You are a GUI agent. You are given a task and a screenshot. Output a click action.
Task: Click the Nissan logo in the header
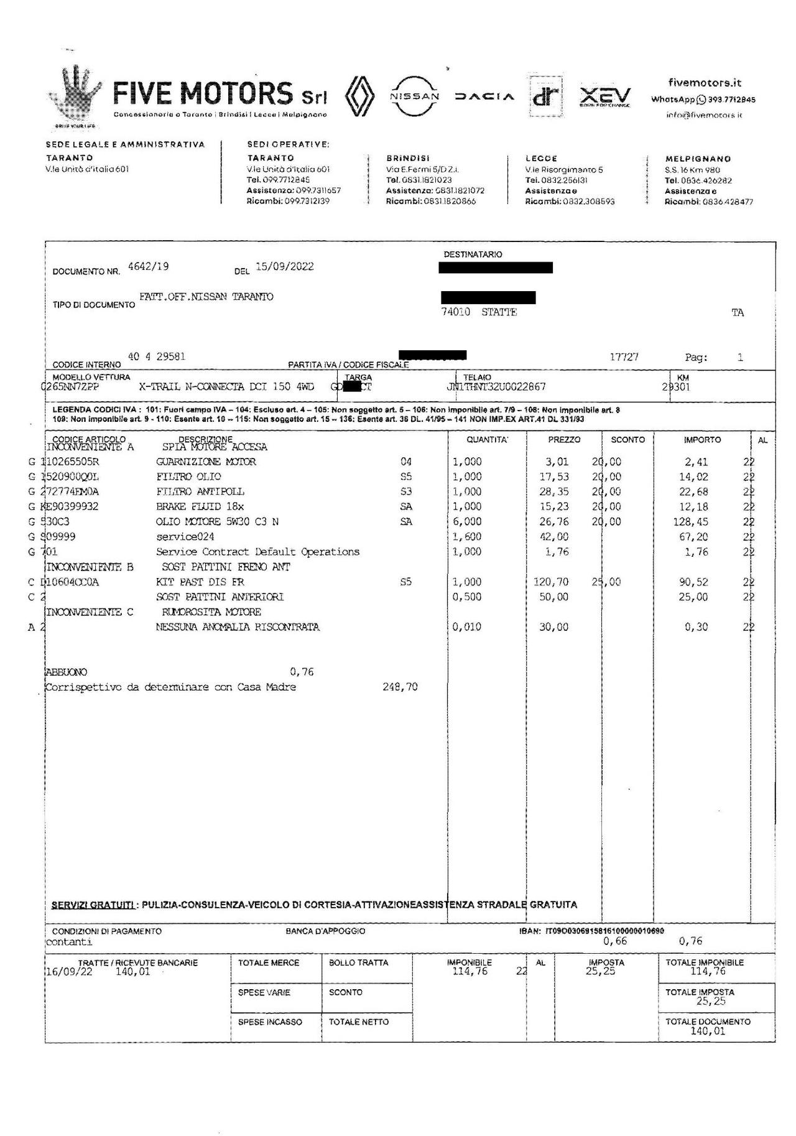pyautogui.click(x=414, y=96)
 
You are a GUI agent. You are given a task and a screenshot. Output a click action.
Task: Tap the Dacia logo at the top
pyautogui.click(x=484, y=97)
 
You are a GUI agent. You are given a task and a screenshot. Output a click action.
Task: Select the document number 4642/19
pyautogui.click(x=148, y=267)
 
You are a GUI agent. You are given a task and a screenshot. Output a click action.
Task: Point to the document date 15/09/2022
pyautogui.click(x=285, y=267)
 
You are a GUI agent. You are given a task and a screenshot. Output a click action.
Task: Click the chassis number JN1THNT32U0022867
pyautogui.click(x=496, y=387)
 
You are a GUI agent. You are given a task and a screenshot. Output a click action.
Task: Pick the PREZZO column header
pyautogui.click(x=564, y=440)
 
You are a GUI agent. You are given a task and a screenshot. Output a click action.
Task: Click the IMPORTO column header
pyautogui.click(x=702, y=440)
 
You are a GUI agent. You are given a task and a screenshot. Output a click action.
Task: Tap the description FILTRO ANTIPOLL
pyautogui.click(x=200, y=492)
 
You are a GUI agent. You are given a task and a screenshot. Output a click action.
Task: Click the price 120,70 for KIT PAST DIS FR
pyautogui.click(x=551, y=582)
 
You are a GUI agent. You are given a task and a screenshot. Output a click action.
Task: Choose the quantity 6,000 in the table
pyautogui.click(x=467, y=522)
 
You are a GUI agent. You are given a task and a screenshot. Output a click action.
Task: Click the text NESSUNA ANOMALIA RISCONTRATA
pyautogui.click(x=238, y=627)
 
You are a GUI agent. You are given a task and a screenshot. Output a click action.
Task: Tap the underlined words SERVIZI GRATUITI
pyautogui.click(x=93, y=905)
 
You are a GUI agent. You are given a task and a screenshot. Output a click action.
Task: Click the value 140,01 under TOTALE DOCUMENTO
pyautogui.click(x=708, y=1031)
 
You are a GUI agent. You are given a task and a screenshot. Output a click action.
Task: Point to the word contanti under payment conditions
pyautogui.click(x=69, y=942)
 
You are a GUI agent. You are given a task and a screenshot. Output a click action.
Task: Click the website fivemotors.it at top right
pyautogui.click(x=705, y=83)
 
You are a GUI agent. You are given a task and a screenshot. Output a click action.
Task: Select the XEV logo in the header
pyautogui.click(x=604, y=97)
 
